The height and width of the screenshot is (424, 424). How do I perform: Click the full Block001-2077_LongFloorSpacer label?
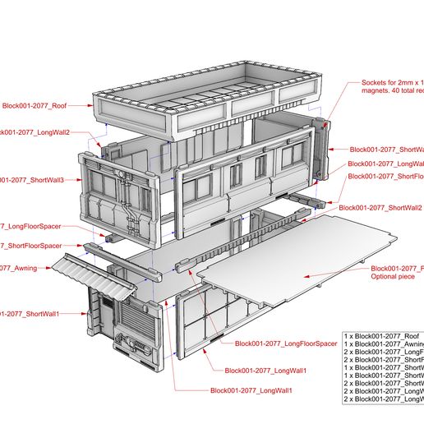[x=286, y=343]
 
